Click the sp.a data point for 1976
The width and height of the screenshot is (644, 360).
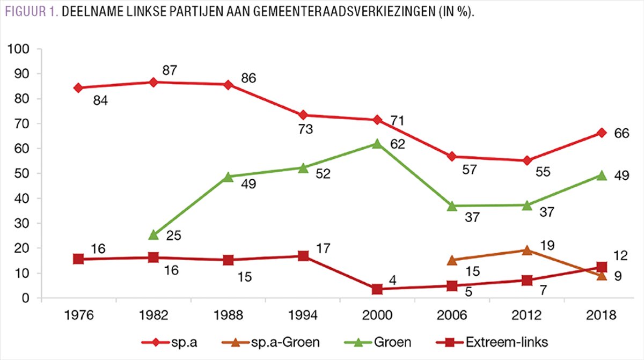[78, 88]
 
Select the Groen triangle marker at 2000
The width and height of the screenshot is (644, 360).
[377, 144]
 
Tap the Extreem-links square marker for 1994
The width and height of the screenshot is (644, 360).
[303, 256]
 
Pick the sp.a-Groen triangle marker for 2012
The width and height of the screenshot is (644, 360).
[527, 250]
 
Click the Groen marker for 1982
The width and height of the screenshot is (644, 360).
[153, 234]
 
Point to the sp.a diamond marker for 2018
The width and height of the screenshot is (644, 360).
[602, 133]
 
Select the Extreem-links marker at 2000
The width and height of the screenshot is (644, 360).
[377, 289]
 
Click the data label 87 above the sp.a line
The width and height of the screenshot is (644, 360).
[170, 70]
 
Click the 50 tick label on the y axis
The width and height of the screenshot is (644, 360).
[30, 174]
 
